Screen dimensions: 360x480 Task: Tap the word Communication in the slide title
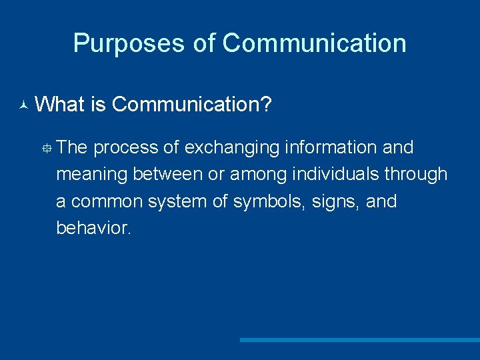(314, 43)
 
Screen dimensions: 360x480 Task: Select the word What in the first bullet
(64, 104)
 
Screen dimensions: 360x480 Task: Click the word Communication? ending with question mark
(191, 104)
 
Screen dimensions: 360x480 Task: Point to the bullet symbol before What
(23, 105)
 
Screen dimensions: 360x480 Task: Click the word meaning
(92, 175)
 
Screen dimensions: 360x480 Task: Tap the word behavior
(94, 228)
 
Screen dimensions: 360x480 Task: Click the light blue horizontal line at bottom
(359, 340)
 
